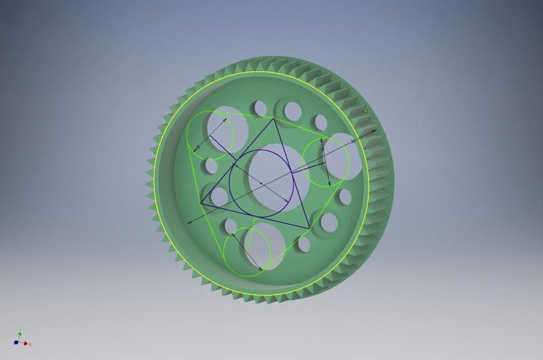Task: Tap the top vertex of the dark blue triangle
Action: [x=274, y=118]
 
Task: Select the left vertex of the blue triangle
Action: [x=201, y=203]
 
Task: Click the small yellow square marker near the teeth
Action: [x=365, y=109]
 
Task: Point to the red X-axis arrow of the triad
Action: [x=26, y=344]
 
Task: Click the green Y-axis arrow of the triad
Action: [x=20, y=335]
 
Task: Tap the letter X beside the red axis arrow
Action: [x=30, y=344]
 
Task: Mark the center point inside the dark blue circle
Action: [x=261, y=181]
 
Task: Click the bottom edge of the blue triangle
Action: [x=255, y=216]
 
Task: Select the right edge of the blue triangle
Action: [x=292, y=173]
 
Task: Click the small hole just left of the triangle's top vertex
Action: [x=259, y=108]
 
